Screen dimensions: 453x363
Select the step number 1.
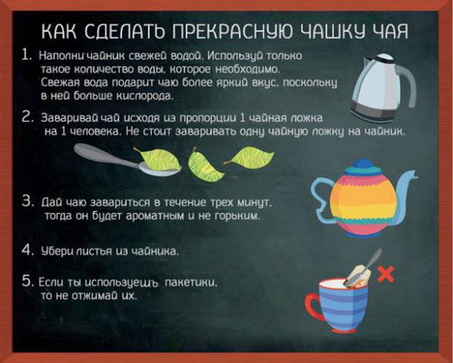26,55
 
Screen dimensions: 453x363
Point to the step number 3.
28,201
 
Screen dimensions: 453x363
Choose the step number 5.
28,281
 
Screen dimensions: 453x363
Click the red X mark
386,275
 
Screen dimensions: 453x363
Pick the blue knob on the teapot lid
363,163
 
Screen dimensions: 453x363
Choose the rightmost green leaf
250,158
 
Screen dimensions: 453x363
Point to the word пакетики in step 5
190,282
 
